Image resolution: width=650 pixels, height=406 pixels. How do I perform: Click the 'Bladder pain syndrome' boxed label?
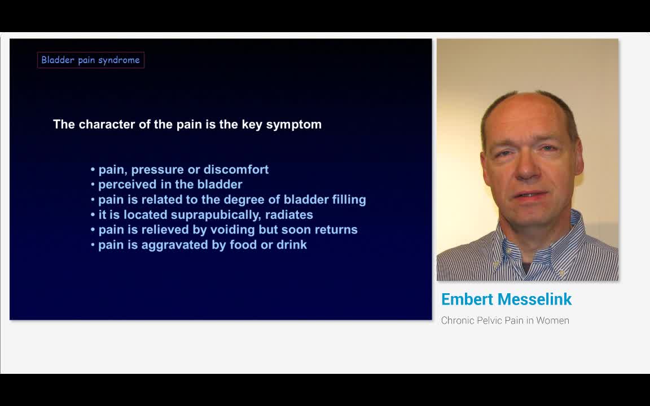pos(90,60)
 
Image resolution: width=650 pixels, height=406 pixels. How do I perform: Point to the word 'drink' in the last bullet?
pos(291,245)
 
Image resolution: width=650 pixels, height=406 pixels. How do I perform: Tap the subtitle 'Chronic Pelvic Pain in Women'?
pos(505,320)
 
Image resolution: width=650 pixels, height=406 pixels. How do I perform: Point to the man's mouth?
pos(530,196)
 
